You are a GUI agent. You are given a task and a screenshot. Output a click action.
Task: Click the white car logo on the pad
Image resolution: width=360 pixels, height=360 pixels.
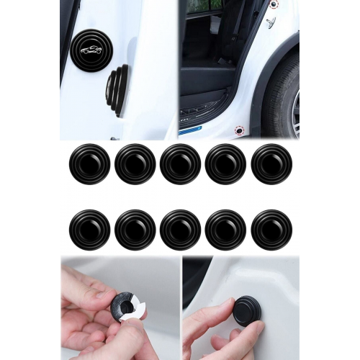pyautogui.click(x=91, y=50)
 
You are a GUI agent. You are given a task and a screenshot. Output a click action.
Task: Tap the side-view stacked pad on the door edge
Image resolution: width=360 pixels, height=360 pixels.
pyautogui.click(x=118, y=89)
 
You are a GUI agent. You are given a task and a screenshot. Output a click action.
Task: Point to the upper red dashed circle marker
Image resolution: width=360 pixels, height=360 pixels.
pyautogui.click(x=274, y=4)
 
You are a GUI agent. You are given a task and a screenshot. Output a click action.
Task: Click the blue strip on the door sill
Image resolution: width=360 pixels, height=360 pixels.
pyautogui.click(x=190, y=130)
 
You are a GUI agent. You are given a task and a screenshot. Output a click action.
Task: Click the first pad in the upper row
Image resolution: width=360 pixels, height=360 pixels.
pyautogui.click(x=89, y=163)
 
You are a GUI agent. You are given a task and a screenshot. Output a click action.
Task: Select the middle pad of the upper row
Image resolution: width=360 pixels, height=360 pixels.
pyautogui.click(x=180, y=163)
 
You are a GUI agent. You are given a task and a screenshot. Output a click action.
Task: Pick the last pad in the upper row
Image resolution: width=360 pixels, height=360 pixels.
pyautogui.click(x=271, y=163)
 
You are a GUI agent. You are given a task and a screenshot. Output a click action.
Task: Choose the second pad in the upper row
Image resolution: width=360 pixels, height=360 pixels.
pyautogui.click(x=135, y=163)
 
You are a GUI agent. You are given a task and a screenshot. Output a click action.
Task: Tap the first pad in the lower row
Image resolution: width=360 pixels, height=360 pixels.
pyautogui.click(x=89, y=230)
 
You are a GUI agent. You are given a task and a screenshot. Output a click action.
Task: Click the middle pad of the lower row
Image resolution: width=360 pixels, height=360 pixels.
pyautogui.click(x=180, y=230)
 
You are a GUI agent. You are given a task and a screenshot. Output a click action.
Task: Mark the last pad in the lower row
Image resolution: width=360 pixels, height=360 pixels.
pyautogui.click(x=271, y=230)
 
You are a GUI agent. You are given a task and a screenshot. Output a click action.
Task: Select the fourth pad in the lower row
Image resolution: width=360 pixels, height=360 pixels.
pyautogui.click(x=225, y=230)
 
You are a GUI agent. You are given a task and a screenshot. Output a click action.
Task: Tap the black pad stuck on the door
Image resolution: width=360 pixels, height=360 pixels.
pyautogui.click(x=247, y=310)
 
